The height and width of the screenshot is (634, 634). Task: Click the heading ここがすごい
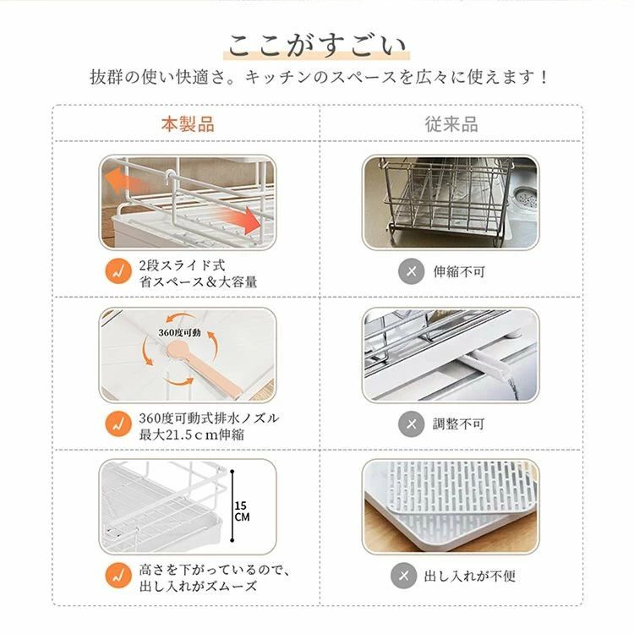click(x=317, y=46)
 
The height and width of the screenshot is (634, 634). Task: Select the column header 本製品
click(x=188, y=124)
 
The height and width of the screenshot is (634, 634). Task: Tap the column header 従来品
click(x=451, y=124)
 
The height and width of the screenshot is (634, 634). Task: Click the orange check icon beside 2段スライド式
click(x=118, y=271)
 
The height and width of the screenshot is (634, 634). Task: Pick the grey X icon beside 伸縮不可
click(x=411, y=271)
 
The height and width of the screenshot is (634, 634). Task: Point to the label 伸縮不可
click(x=459, y=271)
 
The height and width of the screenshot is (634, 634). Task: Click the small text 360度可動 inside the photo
click(x=179, y=332)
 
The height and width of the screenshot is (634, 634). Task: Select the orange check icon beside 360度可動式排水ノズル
click(x=118, y=424)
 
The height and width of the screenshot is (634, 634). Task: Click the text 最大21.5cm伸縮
click(x=191, y=435)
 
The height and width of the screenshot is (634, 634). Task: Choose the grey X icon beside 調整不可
click(x=411, y=424)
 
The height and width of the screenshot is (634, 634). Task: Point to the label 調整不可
click(x=458, y=424)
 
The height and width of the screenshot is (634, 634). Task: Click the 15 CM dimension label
click(x=242, y=511)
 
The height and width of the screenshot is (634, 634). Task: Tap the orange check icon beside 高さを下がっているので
click(x=118, y=576)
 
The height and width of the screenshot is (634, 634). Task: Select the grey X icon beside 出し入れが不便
click(x=404, y=576)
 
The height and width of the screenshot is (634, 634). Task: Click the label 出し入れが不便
click(x=470, y=577)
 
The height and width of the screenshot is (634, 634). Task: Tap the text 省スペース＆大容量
click(x=198, y=281)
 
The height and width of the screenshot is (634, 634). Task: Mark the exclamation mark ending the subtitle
click(x=544, y=77)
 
